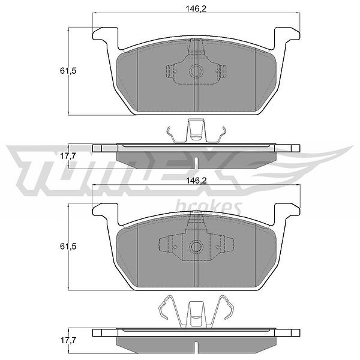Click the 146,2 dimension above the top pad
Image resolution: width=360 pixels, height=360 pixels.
tap(196, 8)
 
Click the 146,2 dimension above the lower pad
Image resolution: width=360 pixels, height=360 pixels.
tap(196, 181)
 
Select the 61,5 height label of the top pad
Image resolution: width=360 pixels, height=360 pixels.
tap(68, 71)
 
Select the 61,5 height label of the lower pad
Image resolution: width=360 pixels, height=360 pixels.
tap(68, 247)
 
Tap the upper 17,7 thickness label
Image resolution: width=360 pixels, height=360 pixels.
tap(68, 156)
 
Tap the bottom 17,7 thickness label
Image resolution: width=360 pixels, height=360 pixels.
tap(68, 340)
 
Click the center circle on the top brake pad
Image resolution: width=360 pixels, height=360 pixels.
tap(196, 71)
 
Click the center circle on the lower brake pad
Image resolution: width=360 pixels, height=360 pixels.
tap(196, 247)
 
